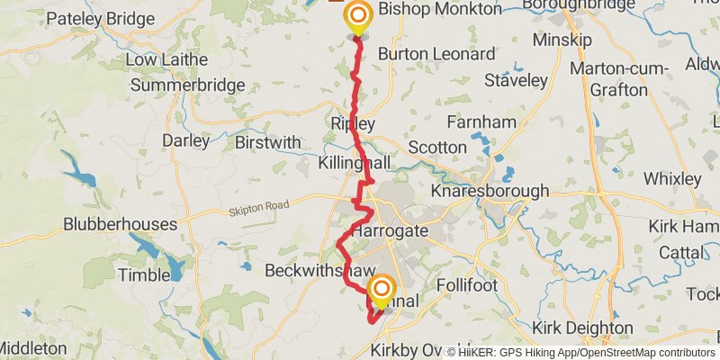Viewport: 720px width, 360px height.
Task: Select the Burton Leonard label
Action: (436, 54)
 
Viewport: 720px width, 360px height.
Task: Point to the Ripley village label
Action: (352, 123)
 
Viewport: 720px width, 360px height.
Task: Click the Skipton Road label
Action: (259, 206)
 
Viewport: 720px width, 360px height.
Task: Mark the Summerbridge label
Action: (188, 85)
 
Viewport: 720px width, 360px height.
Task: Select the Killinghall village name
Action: (355, 163)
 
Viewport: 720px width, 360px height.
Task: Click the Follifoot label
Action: (467, 284)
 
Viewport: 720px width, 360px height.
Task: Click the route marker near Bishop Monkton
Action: (358, 17)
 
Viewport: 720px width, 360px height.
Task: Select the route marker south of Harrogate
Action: (382, 290)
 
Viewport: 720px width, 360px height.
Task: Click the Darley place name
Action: (185, 140)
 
